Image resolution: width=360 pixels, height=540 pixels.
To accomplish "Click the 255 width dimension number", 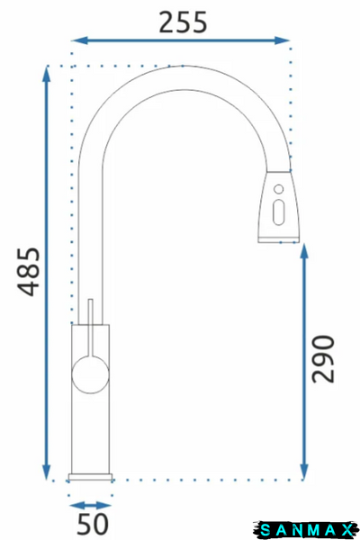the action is pyautogui.click(x=183, y=22).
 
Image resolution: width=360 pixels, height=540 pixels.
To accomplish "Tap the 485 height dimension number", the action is pyautogui.click(x=29, y=272).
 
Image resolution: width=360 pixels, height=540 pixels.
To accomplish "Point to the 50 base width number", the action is pyautogui.click(x=93, y=525).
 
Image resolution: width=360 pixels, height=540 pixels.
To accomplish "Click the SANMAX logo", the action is pyautogui.click(x=305, y=530).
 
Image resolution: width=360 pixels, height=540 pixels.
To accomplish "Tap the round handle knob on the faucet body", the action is pyautogui.click(x=91, y=374).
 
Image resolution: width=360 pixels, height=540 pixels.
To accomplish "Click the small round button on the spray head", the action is pyautogui.click(x=279, y=189).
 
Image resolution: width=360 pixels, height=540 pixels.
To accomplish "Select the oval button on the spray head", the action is pyautogui.click(x=278, y=212).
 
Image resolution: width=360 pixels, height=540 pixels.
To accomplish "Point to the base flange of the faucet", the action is pyautogui.click(x=90, y=477).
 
